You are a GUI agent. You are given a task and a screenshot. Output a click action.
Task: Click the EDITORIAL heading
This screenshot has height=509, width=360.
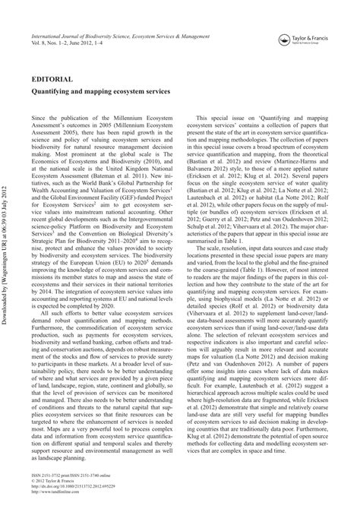pyautogui.click(x=52, y=79)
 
